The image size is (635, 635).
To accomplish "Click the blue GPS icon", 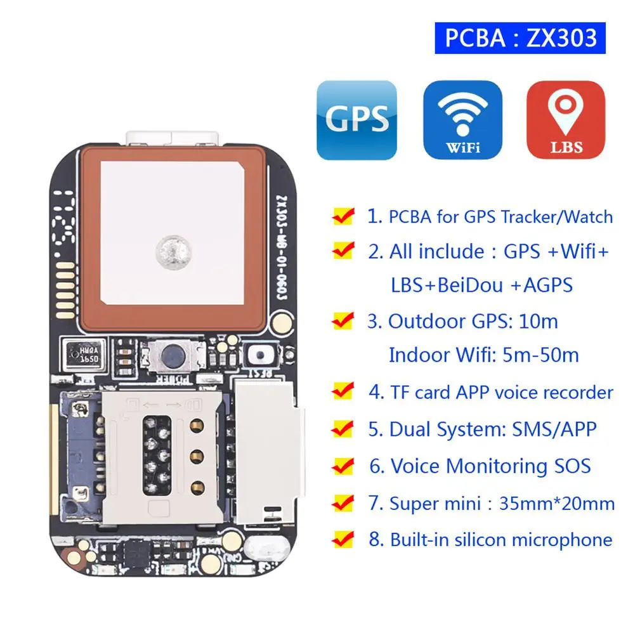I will click(357, 120).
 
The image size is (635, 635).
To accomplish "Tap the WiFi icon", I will click(462, 120).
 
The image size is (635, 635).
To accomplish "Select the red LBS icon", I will click(566, 120).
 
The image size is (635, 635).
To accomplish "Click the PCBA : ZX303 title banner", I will click(520, 38).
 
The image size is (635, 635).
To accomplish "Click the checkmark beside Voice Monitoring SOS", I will click(343, 467).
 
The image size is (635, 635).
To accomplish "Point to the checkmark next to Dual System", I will click(343, 429).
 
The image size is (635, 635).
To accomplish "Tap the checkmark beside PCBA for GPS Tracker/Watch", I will click(343, 217).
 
